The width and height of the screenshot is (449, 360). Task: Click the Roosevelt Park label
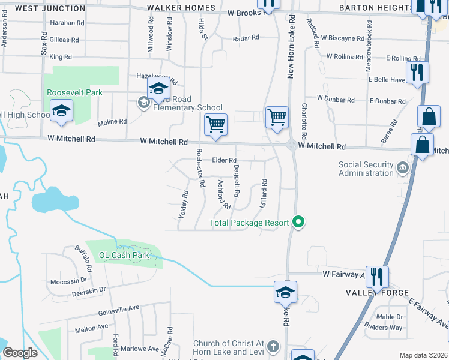tap(75, 92)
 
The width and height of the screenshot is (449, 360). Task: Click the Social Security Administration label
tap(366, 169)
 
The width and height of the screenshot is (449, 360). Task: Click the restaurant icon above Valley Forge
tap(376, 276)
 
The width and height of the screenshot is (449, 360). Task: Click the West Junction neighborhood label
tap(50, 8)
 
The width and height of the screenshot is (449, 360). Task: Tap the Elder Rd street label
tap(224, 160)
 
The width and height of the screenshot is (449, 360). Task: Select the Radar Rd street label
tap(246, 37)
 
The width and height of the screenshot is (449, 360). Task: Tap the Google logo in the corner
tap(19, 353)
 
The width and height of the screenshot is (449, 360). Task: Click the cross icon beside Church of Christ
tap(273, 346)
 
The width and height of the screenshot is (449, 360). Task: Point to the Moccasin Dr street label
tap(70, 281)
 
